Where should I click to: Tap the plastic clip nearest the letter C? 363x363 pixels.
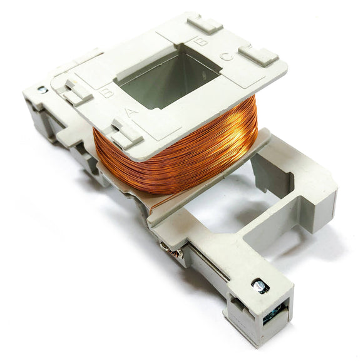(x=258, y=56)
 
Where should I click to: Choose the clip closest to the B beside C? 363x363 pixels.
(x=204, y=24)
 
